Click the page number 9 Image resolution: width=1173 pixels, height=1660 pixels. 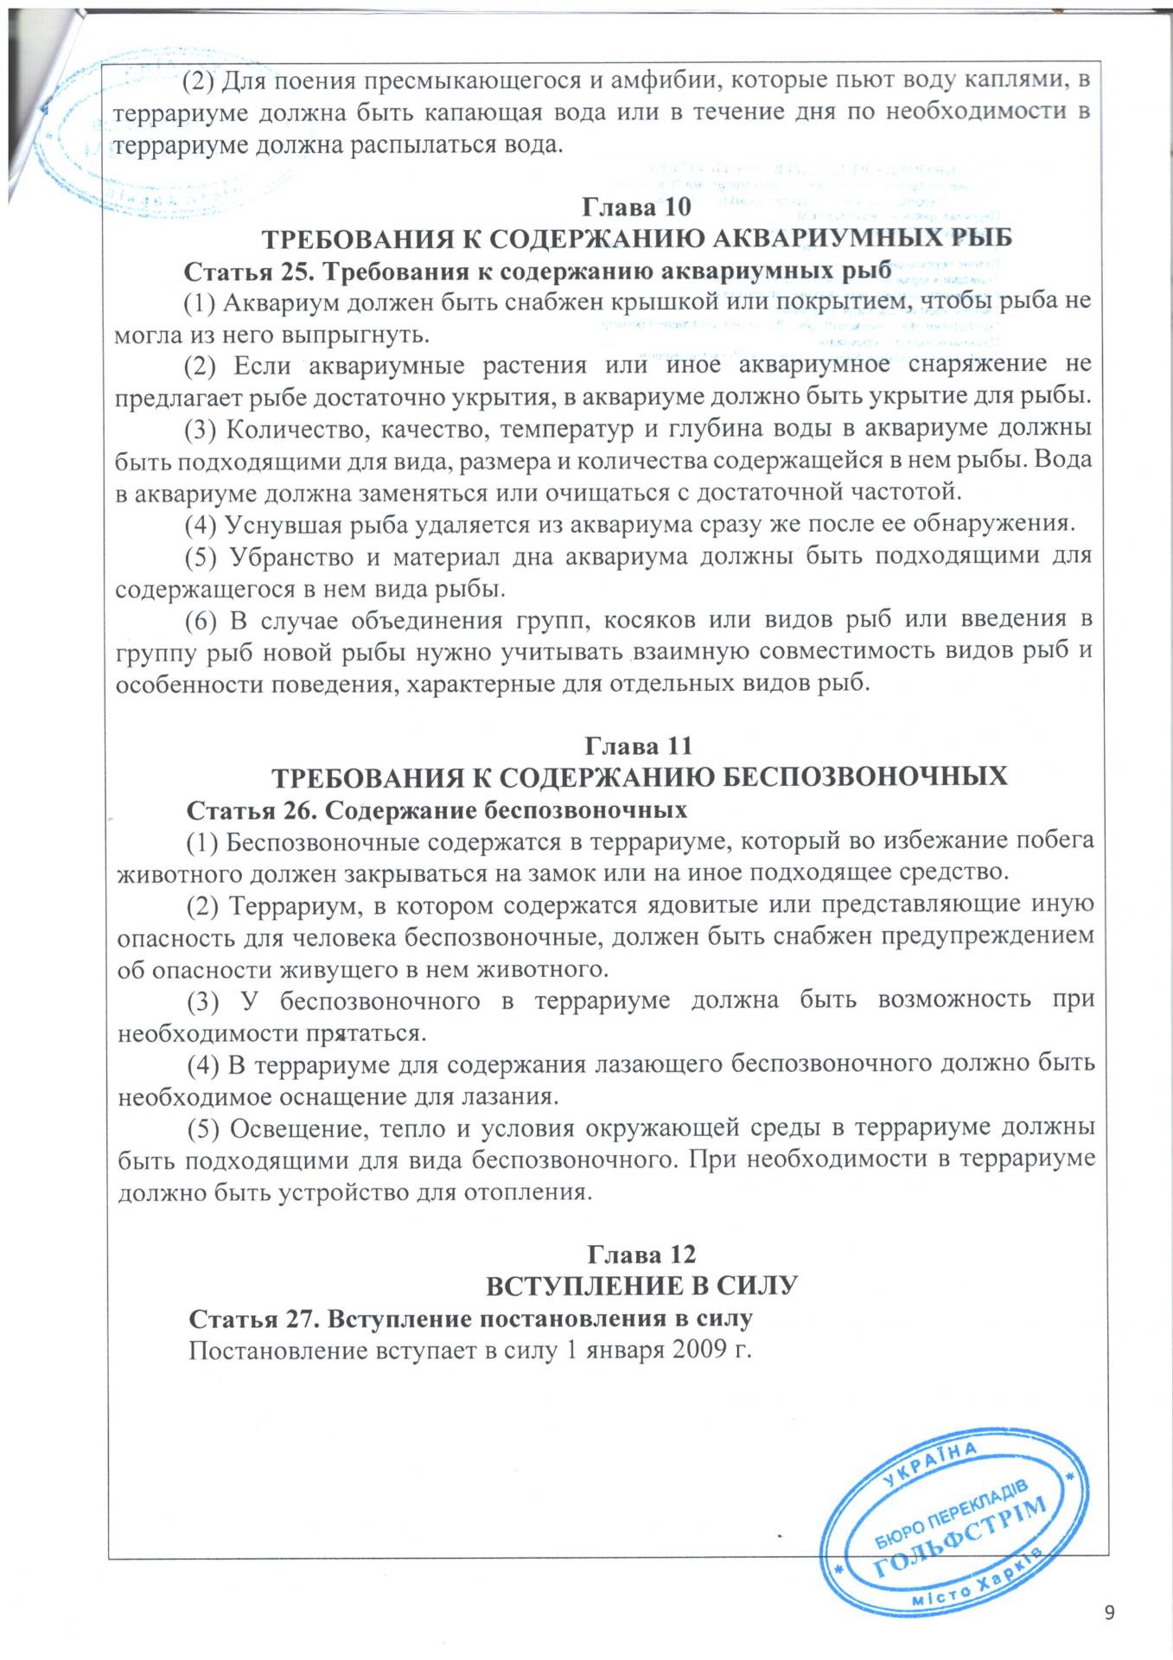coord(1110,1611)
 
